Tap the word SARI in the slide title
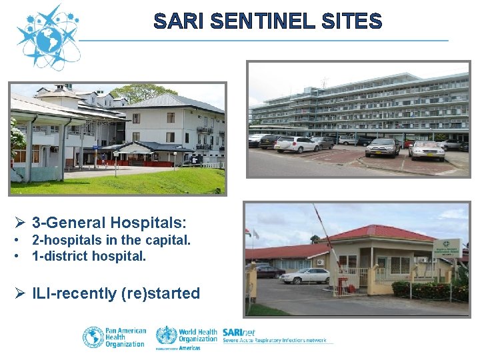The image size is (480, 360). (178, 21)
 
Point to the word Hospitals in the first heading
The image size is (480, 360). (148, 222)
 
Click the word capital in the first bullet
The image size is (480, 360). (169, 240)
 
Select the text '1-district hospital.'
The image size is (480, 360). (89, 255)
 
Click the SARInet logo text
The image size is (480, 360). (239, 332)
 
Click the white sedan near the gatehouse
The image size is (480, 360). (305, 275)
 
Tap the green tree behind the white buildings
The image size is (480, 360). (143, 92)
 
